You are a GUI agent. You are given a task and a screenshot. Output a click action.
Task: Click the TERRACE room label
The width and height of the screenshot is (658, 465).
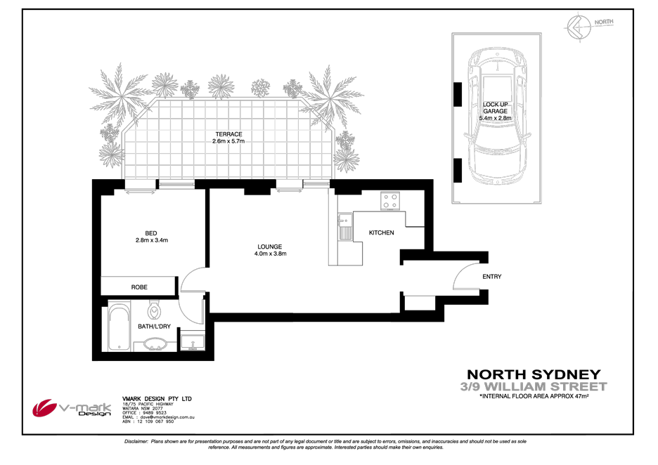coord(228,134)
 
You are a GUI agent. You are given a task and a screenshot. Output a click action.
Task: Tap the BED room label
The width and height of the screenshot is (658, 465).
coord(151,233)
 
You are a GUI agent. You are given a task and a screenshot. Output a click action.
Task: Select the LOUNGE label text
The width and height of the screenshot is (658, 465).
coord(269,247)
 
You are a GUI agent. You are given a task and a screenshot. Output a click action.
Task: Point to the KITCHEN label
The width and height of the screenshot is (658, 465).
coord(382,232)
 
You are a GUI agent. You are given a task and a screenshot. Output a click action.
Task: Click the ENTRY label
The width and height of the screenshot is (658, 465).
coord(491,277)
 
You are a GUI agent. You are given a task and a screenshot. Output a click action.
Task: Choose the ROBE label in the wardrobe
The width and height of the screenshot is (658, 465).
coord(138,287)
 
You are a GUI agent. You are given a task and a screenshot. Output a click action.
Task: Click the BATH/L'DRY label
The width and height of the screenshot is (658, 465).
coord(154,327)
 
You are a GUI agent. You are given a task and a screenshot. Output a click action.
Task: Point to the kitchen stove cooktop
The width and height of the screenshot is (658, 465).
coord(390,201)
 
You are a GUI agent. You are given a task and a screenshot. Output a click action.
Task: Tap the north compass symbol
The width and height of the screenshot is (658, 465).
coord(576,27)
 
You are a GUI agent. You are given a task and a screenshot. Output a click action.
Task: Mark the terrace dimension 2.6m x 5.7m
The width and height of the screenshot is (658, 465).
coord(228,141)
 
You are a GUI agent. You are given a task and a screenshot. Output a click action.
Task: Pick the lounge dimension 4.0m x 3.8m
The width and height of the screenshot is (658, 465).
coord(269,254)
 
